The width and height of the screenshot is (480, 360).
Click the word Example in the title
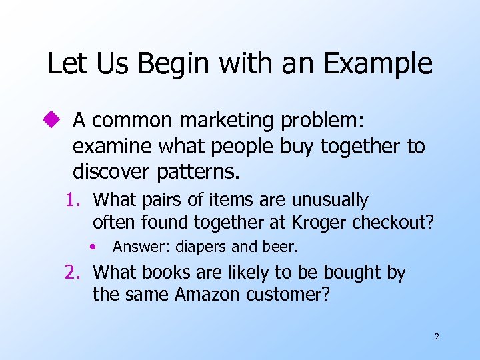pyautogui.click(x=379, y=64)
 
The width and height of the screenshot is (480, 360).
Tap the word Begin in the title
pyautogui.click(x=163, y=64)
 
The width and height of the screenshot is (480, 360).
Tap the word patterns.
pyautogui.click(x=198, y=171)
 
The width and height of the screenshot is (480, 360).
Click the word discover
pyautogui.click(x=112, y=171)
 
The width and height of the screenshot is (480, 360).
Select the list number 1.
pyautogui.click(x=73, y=200)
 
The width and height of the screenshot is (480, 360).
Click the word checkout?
pyautogui.click(x=397, y=221)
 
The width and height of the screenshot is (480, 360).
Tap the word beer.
pyautogui.click(x=282, y=247)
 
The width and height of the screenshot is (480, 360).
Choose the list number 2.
pyautogui.click(x=73, y=273)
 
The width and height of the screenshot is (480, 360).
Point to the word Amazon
pyautogui.click(x=206, y=294)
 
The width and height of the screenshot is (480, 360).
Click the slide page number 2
pyautogui.click(x=437, y=337)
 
